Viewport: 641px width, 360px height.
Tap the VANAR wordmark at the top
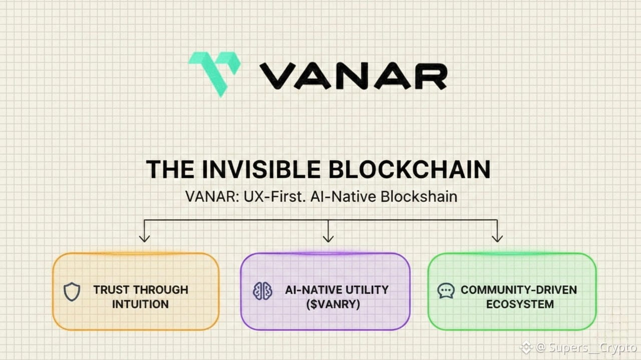coord(353,76)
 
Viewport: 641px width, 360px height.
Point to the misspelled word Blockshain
coord(419,196)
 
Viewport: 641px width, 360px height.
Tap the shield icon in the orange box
coord(72,291)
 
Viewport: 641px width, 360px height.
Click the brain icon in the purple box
coord(262,291)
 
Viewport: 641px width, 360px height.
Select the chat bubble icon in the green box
coord(446,291)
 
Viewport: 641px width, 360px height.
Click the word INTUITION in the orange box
coord(140,304)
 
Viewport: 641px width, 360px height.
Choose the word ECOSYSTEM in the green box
coord(520,304)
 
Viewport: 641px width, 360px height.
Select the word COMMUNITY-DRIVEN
coord(519,289)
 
